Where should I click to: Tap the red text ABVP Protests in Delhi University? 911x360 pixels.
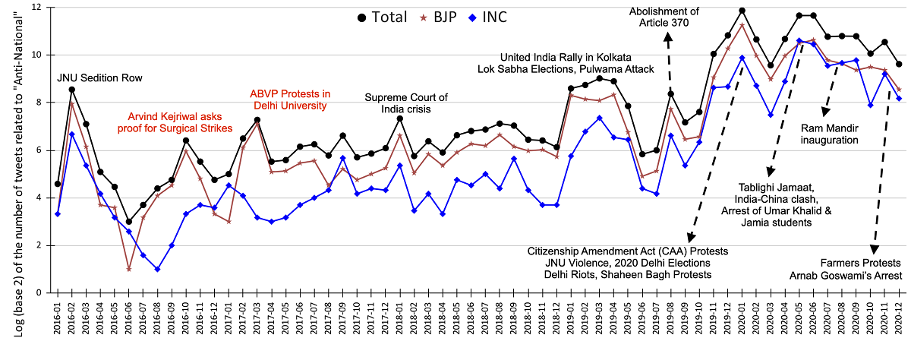pyautogui.click(x=291, y=99)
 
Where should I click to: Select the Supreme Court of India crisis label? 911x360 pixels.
pyautogui.click(x=407, y=104)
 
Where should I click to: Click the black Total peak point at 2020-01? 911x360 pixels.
pyautogui.click(x=742, y=11)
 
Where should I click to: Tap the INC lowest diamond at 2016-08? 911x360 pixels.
pyautogui.click(x=157, y=269)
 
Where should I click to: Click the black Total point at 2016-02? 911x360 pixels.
pyautogui.click(x=72, y=90)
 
